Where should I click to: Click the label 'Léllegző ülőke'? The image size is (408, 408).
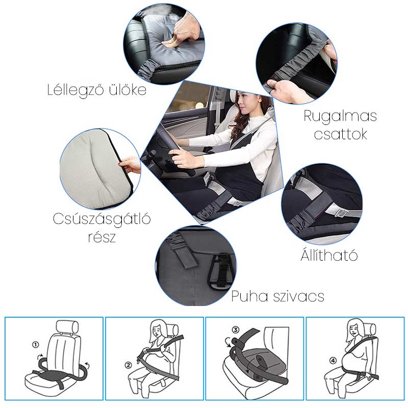click(97, 90)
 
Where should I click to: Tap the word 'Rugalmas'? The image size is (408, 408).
click(340, 116)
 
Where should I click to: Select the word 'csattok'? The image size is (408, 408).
click(340, 134)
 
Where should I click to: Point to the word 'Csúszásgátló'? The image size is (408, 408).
click(101, 219)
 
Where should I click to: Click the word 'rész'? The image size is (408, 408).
click(101, 237)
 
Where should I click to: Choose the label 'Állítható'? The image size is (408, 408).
click(329, 255)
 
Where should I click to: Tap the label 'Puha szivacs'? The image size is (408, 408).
click(277, 296)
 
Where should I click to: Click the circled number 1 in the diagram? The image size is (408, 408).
click(35, 345)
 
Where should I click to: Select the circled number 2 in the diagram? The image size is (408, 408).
click(129, 365)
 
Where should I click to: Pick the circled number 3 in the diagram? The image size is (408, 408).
click(235, 329)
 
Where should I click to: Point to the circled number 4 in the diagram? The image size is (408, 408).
click(334, 361)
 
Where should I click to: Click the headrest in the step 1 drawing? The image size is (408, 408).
click(67, 326)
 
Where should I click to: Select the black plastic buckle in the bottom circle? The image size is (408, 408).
click(221, 271)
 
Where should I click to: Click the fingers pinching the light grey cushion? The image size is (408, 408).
click(130, 164)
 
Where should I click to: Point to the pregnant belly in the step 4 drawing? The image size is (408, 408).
click(352, 359)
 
